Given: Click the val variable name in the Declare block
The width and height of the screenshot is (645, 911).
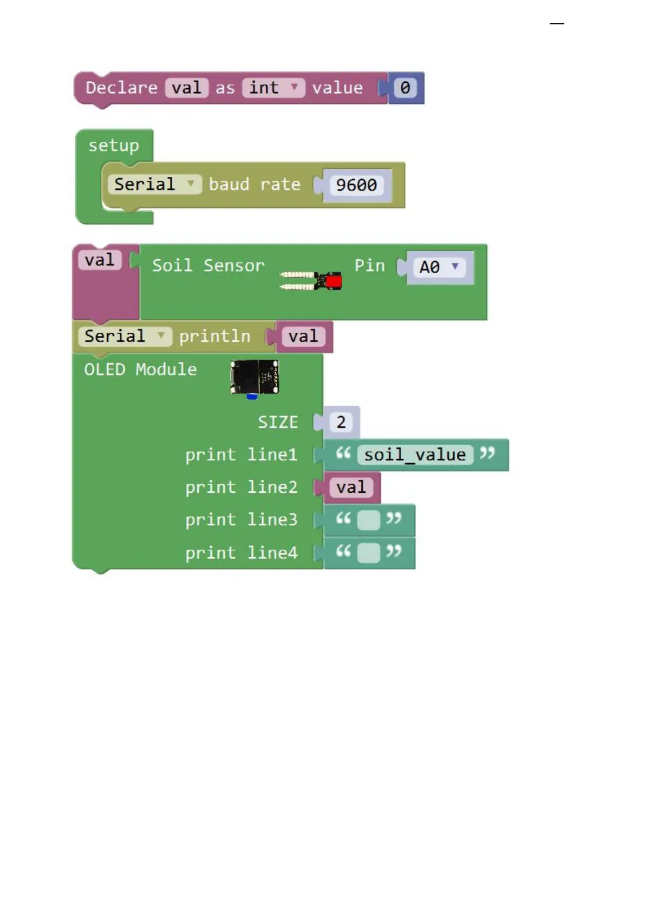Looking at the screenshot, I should coord(187,88).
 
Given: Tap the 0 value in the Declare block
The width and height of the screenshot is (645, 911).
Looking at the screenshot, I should coord(405,88).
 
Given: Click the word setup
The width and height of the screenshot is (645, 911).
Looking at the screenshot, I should coord(114,146).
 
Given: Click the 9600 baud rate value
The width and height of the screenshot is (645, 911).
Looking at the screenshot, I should coord(356,185).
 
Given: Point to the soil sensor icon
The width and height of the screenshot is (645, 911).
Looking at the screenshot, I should coord(311,280).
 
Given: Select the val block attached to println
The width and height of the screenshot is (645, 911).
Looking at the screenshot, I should coord(303,336).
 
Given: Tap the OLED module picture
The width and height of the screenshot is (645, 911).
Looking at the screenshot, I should coord(254,377).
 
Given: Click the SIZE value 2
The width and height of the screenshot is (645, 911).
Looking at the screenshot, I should coord(341,422).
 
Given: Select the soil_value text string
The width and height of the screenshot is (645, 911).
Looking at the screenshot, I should coord(415,455).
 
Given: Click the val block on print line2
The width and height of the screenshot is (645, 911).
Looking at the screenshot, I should coord(351,487).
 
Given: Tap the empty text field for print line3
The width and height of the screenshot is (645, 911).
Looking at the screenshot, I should coord(369,520).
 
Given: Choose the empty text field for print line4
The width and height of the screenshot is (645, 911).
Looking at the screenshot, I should coord(369,553).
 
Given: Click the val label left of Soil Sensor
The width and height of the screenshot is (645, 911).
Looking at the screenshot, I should coord(100,260).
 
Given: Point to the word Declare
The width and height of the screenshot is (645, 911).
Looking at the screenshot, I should coord(121,88).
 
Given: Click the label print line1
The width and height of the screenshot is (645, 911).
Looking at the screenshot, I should coord(241,455).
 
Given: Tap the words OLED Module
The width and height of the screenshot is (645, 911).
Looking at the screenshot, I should coord(140,369).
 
